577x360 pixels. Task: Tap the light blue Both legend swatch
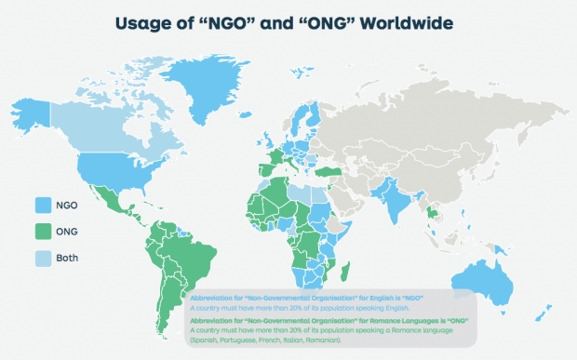point(43,258)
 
